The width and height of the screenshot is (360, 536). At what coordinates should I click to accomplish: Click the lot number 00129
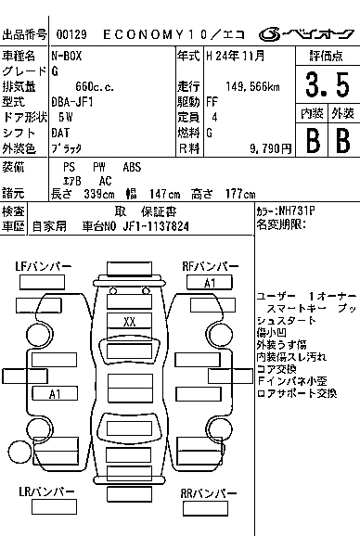click(x=71, y=35)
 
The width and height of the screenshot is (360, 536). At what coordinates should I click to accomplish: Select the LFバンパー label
click(x=43, y=267)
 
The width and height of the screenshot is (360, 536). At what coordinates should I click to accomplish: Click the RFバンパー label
click(x=211, y=267)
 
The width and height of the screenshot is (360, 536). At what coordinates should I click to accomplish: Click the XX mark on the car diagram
click(x=130, y=321)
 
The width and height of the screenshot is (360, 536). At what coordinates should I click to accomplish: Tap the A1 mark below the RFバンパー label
click(x=210, y=283)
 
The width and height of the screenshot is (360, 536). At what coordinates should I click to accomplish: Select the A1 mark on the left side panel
click(x=55, y=393)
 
